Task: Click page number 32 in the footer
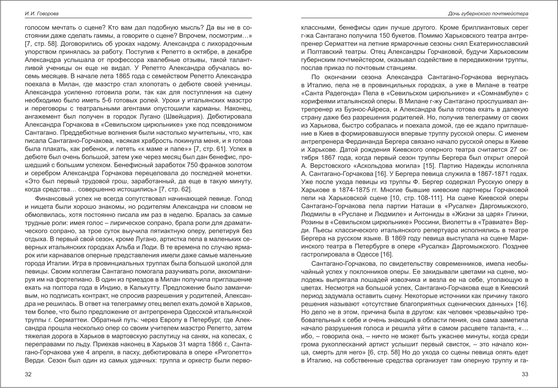pyautogui.click(x=28, y=375)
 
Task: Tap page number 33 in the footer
pyautogui.click(x=525, y=375)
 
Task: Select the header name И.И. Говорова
pyautogui.click(x=41, y=14)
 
